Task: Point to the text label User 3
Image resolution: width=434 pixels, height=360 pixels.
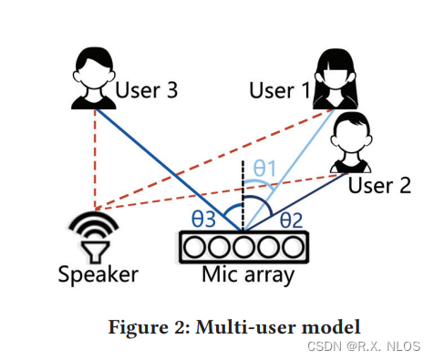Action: point(146,90)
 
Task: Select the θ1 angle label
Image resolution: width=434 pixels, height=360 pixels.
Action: point(263,168)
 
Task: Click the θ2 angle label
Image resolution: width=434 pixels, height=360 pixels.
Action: point(291,219)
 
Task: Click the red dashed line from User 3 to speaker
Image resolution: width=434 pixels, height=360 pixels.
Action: point(94,155)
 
